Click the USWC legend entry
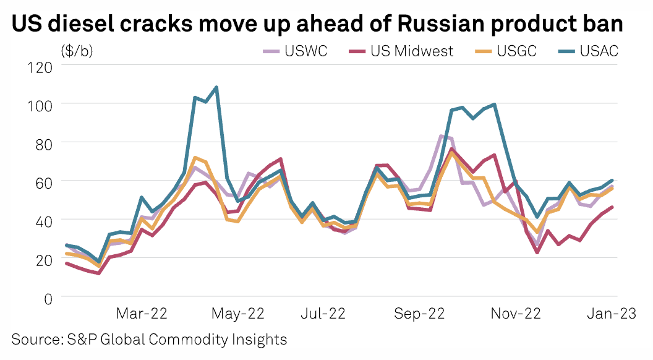pyautogui.click(x=295, y=51)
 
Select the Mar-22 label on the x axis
pyautogui.click(x=142, y=314)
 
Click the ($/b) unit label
pyautogui.click(x=77, y=51)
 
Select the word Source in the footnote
pyautogui.click(x=33, y=339)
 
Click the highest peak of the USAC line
pyautogui.click(x=216, y=87)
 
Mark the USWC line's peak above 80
pyautogui.click(x=442, y=136)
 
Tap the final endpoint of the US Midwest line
pyautogui.click(x=612, y=207)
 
